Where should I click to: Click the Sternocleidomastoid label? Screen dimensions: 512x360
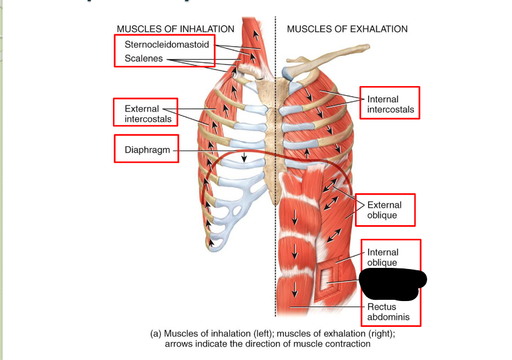click(167, 45)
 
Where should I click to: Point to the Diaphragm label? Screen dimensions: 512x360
click(145, 150)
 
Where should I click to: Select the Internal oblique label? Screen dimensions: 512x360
click(383, 257)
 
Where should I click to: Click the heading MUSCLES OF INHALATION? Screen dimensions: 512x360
click(175, 29)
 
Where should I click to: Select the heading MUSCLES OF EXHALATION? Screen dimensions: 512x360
click(347, 29)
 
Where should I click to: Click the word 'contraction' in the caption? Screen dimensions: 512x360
click(348, 344)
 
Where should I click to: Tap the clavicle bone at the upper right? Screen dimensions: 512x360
click(325, 60)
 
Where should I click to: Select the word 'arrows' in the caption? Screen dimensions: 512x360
click(178, 344)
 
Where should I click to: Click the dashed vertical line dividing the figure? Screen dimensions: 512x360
click(276, 181)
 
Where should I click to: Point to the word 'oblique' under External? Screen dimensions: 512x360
click(382, 215)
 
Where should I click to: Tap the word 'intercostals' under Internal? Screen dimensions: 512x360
click(390, 110)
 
